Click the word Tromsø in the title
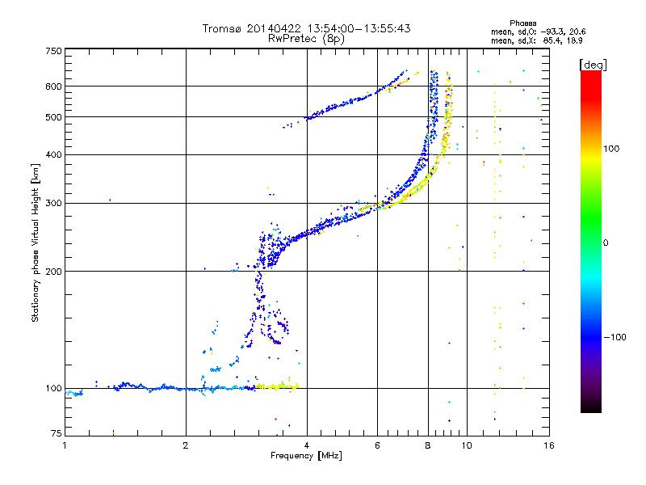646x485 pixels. pos(223,28)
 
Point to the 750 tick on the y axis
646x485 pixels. pos(54,50)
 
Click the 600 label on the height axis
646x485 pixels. pos(54,86)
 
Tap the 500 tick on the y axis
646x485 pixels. pos(54,117)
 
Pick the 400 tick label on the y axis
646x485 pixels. pos(54,154)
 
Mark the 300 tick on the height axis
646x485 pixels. pos(54,203)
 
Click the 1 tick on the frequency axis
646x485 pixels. pos(65,444)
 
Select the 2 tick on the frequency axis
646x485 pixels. pos(187,444)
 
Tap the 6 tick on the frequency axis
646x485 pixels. pos(378,444)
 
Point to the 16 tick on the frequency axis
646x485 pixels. pos(548,444)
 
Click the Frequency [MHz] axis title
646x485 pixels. pos(306,456)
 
